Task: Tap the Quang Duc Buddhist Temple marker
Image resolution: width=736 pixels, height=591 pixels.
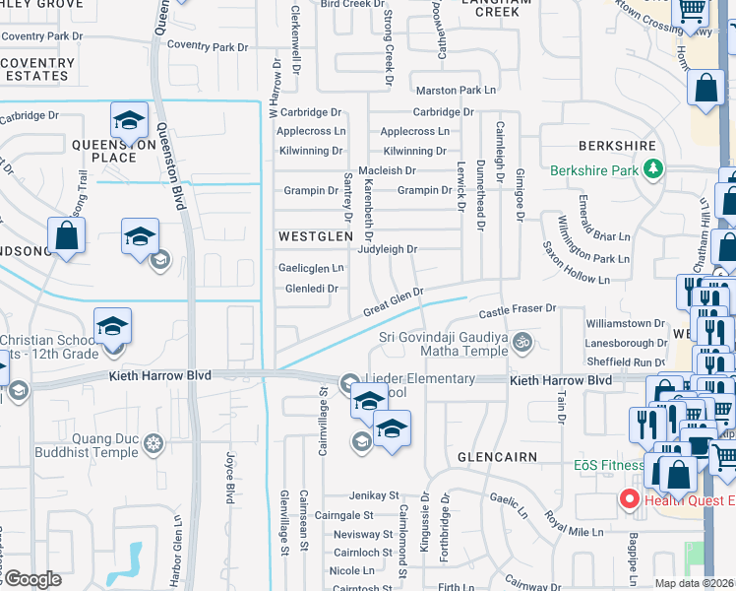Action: pyautogui.click(x=153, y=444)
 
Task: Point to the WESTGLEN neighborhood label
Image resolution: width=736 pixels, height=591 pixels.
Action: pyautogui.click(x=315, y=237)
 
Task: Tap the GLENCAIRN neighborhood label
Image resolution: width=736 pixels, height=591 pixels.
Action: pyautogui.click(x=495, y=458)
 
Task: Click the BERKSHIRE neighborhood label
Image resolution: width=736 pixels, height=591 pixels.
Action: pyautogui.click(x=618, y=146)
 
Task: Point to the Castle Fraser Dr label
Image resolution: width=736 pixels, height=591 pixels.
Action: pyautogui.click(x=518, y=311)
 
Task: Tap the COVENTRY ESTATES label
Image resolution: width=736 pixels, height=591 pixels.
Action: pyautogui.click(x=37, y=69)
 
